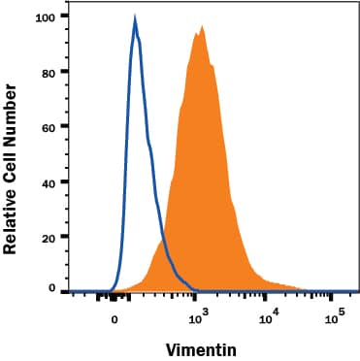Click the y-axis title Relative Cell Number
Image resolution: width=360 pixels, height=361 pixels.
(x=12, y=169)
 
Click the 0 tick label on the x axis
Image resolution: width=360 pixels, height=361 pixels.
(x=115, y=318)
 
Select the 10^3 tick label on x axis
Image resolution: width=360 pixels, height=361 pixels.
(x=197, y=317)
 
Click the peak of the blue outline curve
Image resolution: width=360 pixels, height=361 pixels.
(x=135, y=18)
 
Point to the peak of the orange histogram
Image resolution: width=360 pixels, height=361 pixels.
(x=202, y=27)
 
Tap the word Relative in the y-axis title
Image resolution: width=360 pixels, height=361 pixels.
(x=12, y=219)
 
